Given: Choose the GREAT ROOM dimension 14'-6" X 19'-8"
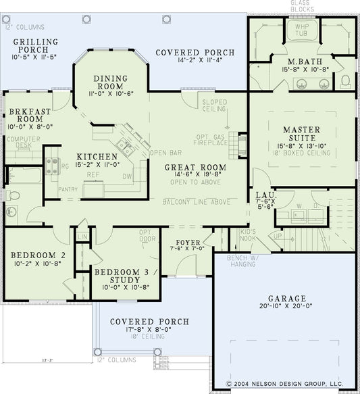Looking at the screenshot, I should [x=197, y=176].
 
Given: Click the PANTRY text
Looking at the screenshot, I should [x=68, y=190].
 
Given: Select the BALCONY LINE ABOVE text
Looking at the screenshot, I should [x=195, y=201].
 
